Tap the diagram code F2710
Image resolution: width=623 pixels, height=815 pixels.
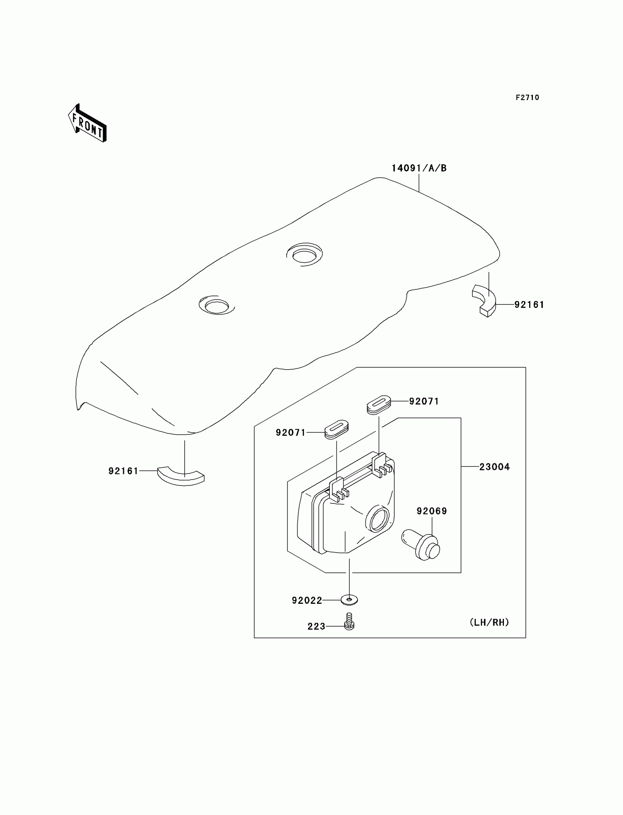(x=527, y=98)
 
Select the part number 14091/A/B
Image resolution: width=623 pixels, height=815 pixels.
(x=419, y=168)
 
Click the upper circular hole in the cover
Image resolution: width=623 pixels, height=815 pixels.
(x=305, y=254)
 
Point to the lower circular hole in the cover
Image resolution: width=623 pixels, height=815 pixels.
(x=217, y=305)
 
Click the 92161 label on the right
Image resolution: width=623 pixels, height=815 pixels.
(x=529, y=305)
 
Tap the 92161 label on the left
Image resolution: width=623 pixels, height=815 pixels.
(x=123, y=471)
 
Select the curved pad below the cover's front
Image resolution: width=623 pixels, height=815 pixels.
(x=181, y=476)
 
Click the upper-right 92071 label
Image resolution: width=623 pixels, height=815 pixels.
(x=424, y=401)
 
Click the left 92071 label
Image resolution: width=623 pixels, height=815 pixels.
(x=291, y=433)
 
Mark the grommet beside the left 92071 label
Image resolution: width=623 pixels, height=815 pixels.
(x=337, y=429)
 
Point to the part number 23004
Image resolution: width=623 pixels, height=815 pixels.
(x=494, y=467)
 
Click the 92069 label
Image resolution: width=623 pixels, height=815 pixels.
(x=432, y=511)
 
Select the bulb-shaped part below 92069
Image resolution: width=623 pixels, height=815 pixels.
(x=421, y=544)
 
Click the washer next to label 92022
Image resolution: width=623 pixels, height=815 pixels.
(x=349, y=600)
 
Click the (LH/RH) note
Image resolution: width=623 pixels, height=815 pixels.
(x=489, y=622)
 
